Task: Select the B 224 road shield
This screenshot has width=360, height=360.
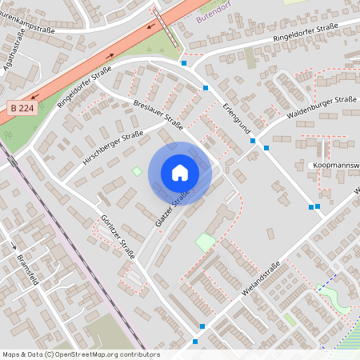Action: (23, 107)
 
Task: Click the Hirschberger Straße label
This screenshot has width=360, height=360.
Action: (113, 150)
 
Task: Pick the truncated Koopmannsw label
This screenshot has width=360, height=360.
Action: (335, 166)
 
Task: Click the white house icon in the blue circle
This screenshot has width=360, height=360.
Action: (180, 173)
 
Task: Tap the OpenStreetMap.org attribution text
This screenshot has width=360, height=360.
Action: (104, 354)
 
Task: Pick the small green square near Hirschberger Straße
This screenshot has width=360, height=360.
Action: (137, 170)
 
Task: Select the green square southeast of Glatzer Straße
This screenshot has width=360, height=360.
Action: (206, 242)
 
